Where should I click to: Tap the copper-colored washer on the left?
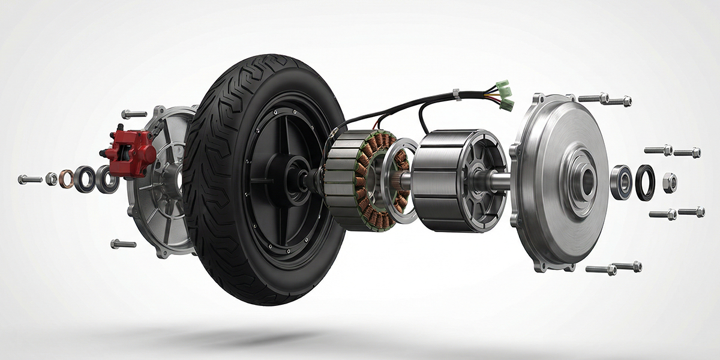[67, 179]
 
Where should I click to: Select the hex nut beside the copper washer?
[52, 179]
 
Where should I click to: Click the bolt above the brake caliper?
[134, 114]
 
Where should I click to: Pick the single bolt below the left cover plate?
[123, 244]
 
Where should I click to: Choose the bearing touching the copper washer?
[85, 179]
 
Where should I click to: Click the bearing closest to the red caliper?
[107, 179]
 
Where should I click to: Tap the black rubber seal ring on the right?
[646, 182]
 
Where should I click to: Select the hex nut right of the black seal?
[670, 182]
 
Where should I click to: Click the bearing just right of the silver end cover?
[621, 182]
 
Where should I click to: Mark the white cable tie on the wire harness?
[457, 94]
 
